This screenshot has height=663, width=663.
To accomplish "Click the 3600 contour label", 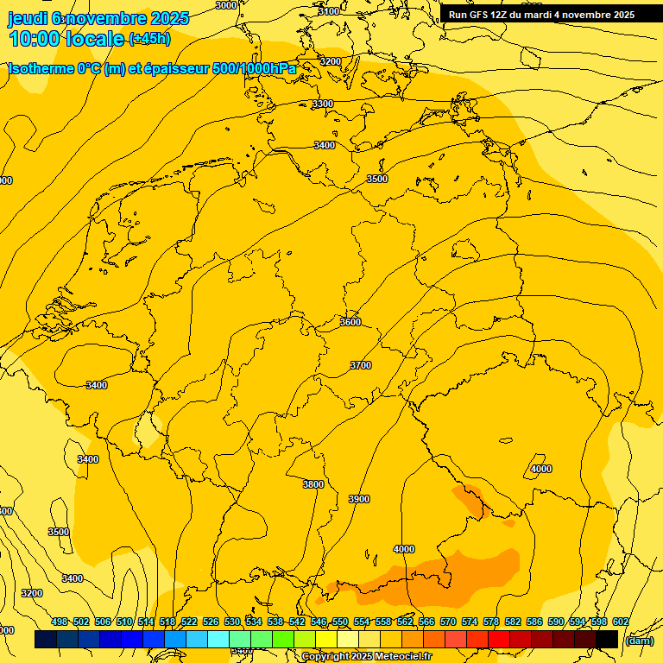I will click(x=350, y=321).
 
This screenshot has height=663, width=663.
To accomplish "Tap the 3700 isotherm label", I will click(x=360, y=365).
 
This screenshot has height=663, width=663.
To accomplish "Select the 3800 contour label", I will click(x=313, y=484).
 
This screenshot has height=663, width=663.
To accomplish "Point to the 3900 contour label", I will click(x=358, y=499).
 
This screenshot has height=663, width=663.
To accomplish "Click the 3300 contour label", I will click(x=322, y=104).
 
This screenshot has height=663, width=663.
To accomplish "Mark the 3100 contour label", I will click(x=328, y=11).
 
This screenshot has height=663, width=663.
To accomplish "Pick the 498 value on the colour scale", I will click(x=60, y=622).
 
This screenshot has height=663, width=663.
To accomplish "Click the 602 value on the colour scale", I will click(x=620, y=622).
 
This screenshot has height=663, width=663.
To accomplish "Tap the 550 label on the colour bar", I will click(x=340, y=622).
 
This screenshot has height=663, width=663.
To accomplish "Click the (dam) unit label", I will click(x=639, y=640).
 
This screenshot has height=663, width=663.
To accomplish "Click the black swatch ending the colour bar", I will click(x=606, y=639).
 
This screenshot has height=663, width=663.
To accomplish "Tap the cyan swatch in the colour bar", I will click(x=218, y=639).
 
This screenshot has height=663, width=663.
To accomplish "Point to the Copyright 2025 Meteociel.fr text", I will click(x=366, y=657).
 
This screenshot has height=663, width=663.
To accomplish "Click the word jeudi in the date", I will click(x=28, y=17).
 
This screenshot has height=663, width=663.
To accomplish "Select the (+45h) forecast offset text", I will click(x=149, y=39).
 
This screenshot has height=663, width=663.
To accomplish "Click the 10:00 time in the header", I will click(x=33, y=38).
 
